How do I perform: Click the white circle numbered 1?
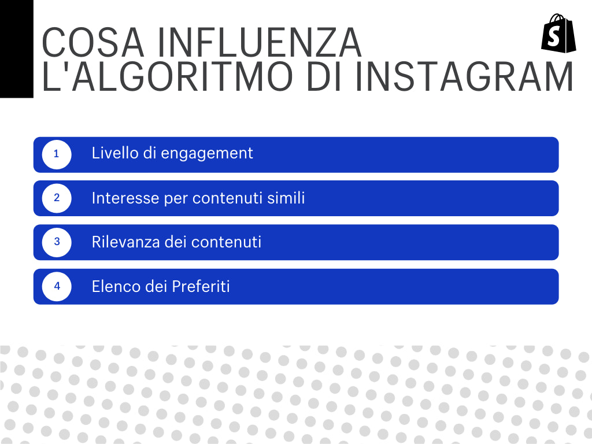pyautogui.click(x=57, y=154)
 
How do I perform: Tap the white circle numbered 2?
pyautogui.click(x=57, y=198)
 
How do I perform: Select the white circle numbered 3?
pyautogui.click(x=57, y=242)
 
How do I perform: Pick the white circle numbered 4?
pyautogui.click(x=57, y=286)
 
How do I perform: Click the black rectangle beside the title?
pyautogui.click(x=16, y=49)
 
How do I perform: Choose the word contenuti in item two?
pyautogui.click(x=228, y=198)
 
